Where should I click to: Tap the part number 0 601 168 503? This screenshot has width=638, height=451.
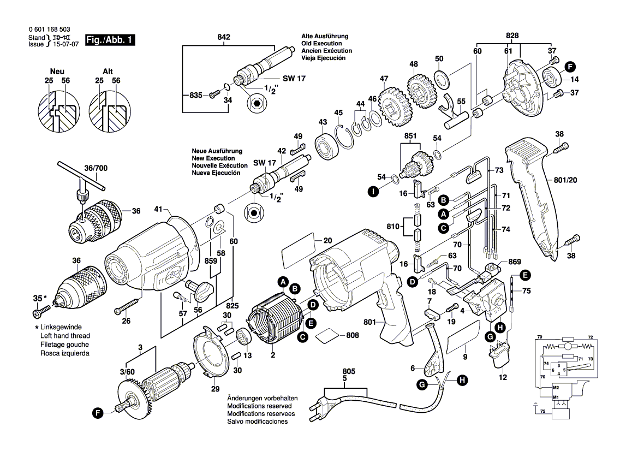49,29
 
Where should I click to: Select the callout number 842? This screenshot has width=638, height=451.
224,37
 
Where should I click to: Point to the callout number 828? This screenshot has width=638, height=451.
512,35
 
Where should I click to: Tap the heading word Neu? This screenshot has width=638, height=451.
57,72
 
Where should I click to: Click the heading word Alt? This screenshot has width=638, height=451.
108,72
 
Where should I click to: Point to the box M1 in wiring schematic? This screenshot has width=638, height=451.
556,397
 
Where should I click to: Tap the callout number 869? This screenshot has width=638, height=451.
514,262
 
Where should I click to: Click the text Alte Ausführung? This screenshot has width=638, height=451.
325,36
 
